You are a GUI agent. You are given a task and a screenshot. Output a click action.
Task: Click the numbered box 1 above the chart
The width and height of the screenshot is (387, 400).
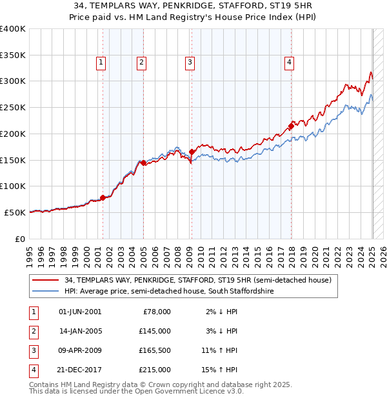point(102,63)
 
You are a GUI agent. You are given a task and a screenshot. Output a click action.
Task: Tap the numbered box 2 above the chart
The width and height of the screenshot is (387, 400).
point(141,63)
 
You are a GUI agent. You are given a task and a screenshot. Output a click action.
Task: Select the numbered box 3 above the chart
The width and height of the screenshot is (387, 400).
point(190,63)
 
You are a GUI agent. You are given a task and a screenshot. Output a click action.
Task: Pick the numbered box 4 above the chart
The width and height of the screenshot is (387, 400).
point(290,63)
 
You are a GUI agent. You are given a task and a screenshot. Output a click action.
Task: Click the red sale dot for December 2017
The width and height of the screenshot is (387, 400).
point(291,126)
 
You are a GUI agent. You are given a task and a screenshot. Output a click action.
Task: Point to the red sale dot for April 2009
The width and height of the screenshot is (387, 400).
point(192,152)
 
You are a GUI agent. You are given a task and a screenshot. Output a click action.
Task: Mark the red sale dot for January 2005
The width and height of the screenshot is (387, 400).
point(143,163)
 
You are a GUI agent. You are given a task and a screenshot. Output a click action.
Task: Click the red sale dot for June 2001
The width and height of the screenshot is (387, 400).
point(103,198)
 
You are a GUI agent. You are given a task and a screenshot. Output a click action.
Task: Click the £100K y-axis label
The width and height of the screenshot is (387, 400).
point(13,186)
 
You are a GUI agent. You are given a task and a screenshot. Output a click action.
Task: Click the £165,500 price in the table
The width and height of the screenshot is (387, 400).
point(155,352)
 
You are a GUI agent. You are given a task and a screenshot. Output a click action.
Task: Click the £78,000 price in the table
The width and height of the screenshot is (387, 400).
point(157,312)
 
